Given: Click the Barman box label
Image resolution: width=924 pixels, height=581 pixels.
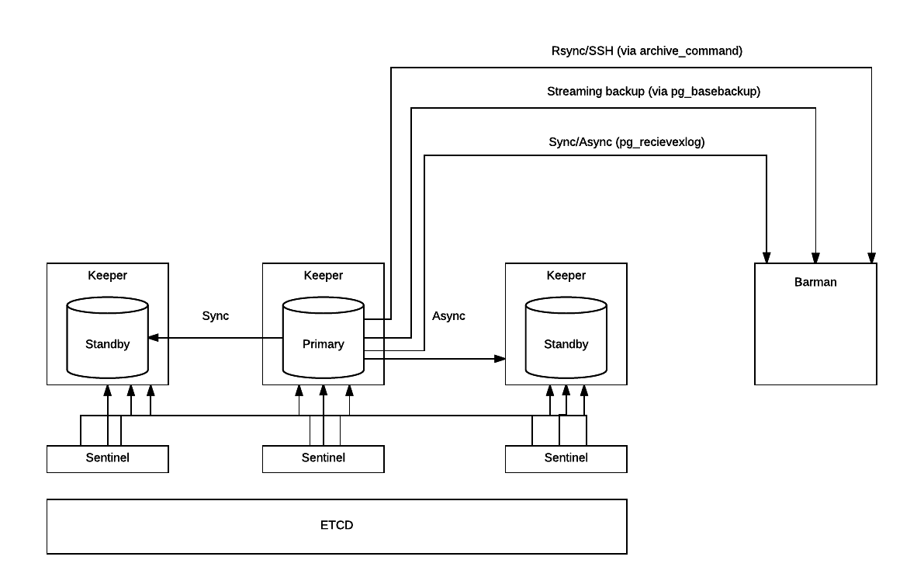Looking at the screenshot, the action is click(815, 282).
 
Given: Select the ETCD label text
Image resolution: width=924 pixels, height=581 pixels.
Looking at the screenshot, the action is click(337, 525).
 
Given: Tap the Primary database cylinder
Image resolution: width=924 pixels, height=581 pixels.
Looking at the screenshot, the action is click(323, 337).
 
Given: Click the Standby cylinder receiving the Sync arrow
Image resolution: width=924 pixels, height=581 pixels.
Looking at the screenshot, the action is click(107, 337).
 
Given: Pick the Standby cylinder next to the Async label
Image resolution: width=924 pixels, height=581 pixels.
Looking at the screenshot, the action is click(566, 337).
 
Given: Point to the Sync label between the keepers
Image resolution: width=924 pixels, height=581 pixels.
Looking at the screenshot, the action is click(215, 315).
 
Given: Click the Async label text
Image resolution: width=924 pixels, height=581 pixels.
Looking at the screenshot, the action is click(448, 315).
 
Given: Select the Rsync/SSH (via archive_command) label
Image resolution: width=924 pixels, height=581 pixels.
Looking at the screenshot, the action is click(646, 50).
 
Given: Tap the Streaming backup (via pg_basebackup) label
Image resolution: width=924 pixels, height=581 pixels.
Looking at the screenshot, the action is click(653, 92).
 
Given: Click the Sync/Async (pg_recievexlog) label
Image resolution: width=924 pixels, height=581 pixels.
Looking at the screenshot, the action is click(626, 142).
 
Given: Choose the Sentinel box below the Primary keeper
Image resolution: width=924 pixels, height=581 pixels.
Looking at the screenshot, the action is click(323, 459).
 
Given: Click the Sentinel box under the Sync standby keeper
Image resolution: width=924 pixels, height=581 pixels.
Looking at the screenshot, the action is click(107, 459).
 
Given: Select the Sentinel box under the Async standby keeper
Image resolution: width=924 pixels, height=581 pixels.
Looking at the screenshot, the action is click(566, 459).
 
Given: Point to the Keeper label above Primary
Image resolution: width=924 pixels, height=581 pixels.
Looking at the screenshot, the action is click(323, 276).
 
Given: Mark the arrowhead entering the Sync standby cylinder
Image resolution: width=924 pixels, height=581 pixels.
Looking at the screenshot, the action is click(153, 337).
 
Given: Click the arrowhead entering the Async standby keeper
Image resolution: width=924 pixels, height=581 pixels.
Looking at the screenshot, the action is click(500, 359).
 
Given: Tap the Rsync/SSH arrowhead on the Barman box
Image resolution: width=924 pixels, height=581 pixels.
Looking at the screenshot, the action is click(871, 258).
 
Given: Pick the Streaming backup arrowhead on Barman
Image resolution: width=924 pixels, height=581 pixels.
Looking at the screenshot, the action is click(815, 258).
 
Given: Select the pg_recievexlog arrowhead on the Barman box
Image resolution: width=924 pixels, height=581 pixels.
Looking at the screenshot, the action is click(766, 258).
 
